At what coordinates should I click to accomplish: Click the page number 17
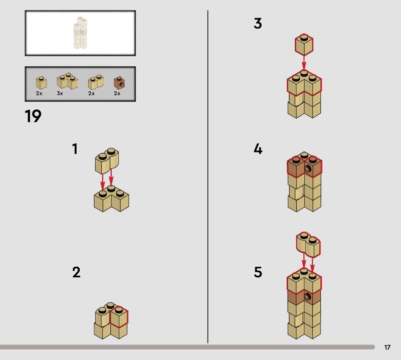tap(387, 347)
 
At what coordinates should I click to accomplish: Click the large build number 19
tap(33, 116)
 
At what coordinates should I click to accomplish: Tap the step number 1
tap(75, 149)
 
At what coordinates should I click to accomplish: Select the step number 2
tap(76, 272)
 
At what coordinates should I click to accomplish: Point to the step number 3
tap(258, 23)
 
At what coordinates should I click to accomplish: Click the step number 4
tap(258, 149)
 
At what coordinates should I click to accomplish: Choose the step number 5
tap(258, 272)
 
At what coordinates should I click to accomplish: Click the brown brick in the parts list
tap(119, 83)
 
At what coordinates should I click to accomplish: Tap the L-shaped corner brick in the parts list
tap(68, 81)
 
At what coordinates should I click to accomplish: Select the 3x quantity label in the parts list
tap(60, 93)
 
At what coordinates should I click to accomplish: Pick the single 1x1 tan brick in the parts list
tap(41, 83)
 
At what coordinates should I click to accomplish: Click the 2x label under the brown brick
tap(117, 93)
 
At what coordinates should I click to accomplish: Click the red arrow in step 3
tap(304, 63)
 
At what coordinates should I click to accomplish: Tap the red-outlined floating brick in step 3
tap(304, 45)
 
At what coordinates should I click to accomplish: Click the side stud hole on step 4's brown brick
tap(307, 169)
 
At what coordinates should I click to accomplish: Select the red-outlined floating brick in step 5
tap(308, 244)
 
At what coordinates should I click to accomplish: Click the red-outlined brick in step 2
tap(119, 317)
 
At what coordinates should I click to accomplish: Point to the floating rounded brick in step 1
tap(107, 160)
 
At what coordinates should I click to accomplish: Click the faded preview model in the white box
tap(80, 33)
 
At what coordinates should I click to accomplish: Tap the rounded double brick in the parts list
tap(96, 82)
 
